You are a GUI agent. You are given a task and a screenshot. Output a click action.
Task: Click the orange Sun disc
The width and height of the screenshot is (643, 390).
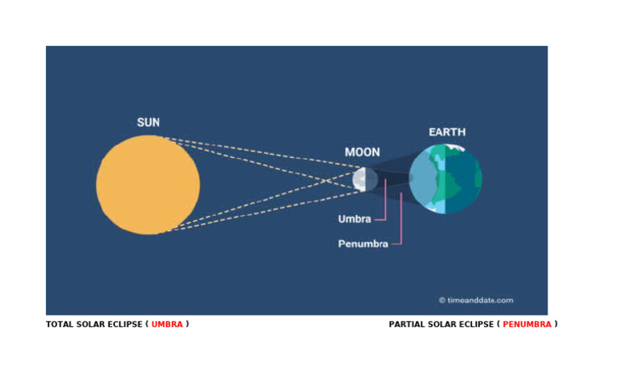coord(148,185)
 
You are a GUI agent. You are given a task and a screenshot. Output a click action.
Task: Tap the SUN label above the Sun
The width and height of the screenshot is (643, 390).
coord(148,123)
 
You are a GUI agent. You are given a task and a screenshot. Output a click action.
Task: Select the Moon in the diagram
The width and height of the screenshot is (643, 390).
coord(363,178)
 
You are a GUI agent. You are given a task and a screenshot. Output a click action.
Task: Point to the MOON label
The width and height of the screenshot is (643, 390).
coord(362,152)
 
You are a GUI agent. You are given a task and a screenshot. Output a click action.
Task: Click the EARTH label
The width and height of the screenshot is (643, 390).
coord(447,132)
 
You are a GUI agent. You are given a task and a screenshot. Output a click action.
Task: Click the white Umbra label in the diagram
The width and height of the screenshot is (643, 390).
coord(354,219)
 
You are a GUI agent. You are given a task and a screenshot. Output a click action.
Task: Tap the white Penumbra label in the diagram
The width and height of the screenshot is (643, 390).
coord(363,244)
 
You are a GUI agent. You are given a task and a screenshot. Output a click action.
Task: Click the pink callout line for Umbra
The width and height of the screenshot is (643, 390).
coord(385,205)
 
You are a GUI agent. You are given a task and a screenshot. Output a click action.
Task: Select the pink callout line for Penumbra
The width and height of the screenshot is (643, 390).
coord(402,222)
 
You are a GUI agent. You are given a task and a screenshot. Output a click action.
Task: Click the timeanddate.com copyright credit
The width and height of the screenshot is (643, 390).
coord(480,300)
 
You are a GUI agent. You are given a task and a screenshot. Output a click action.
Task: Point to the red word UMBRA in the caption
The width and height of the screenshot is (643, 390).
coord(167,325)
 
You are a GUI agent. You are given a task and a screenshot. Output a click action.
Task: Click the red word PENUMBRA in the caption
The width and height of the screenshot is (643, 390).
coord(527,325)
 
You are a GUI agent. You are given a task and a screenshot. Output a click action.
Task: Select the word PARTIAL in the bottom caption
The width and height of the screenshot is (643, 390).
coord(408,325)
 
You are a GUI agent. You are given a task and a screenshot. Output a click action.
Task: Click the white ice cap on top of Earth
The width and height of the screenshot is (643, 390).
coord(455,148)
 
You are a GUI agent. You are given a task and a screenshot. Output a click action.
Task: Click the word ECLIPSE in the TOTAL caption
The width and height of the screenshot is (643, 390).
coord(124,325)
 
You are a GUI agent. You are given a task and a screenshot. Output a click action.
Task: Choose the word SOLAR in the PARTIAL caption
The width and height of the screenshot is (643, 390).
coord(444,325)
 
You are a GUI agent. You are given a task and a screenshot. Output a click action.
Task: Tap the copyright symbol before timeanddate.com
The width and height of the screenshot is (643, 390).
coord(442,300)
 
